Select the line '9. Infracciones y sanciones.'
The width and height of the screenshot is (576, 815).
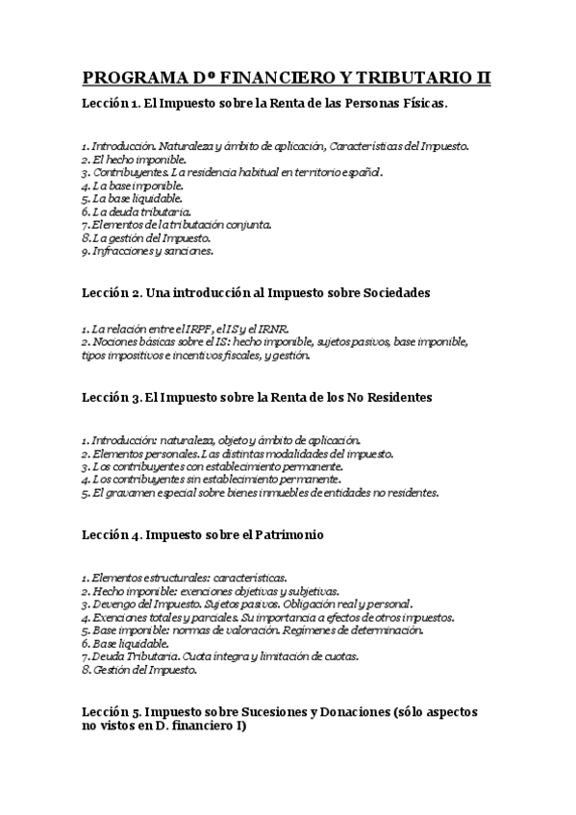[x=147, y=251]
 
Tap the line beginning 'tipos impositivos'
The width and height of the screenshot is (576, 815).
[x=196, y=355]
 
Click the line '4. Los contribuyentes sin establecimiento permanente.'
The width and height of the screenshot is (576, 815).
[x=212, y=479]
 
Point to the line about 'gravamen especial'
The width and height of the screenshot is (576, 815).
[x=260, y=492]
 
